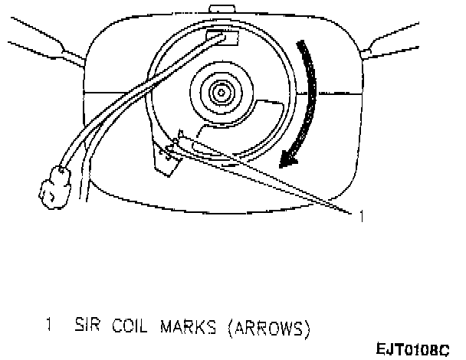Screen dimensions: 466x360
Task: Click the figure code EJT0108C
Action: [x=412, y=350]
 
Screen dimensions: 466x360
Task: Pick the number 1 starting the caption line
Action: [x=51, y=328]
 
